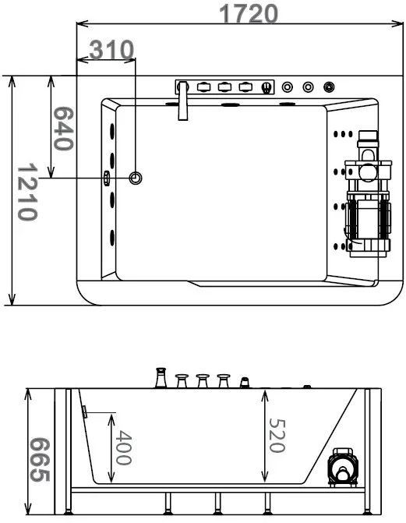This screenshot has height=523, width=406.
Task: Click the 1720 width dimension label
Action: [x=249, y=14]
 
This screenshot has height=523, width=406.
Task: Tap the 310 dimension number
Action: [x=111, y=50]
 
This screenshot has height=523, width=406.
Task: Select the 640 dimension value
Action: [x=62, y=129]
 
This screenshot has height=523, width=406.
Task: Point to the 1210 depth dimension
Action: [x=27, y=192]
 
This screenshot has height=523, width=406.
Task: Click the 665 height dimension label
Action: [x=40, y=460]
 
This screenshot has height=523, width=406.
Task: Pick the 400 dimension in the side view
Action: [x=123, y=447]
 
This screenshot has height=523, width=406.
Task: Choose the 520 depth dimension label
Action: [x=277, y=435]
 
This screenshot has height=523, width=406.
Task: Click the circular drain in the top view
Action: [x=136, y=178]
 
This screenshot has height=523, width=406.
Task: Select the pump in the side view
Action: [x=343, y=468]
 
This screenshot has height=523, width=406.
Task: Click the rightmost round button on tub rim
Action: [x=330, y=87]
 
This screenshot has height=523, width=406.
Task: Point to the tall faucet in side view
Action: [x=161, y=377]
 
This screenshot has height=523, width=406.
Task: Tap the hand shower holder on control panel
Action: [x=266, y=87]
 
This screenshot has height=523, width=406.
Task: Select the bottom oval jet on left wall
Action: [x=112, y=238]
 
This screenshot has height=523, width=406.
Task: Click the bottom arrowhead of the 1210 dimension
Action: [x=12, y=299]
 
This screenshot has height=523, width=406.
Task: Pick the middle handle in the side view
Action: [x=203, y=381]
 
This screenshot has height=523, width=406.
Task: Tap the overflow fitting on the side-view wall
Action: [x=85, y=412]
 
